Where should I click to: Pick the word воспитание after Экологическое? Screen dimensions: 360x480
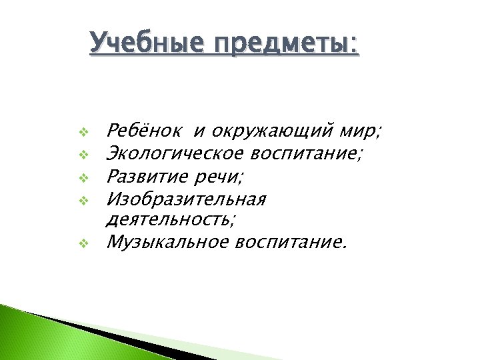pyautogui.click(x=306, y=155)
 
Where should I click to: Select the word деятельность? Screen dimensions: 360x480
pyautogui.click(x=171, y=219)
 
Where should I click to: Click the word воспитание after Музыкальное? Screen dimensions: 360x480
pyautogui.click(x=291, y=242)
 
